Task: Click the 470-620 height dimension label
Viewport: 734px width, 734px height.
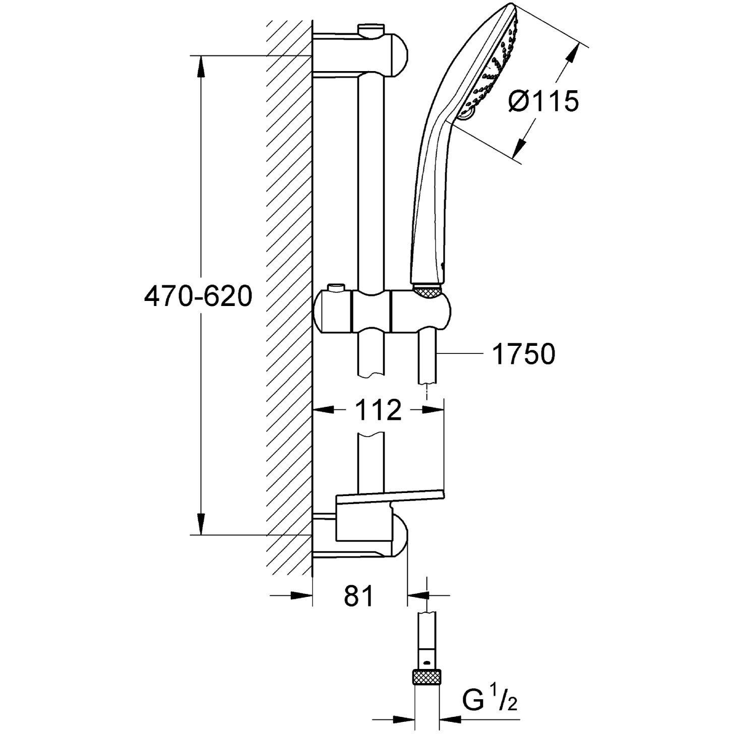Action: pyautogui.click(x=198, y=296)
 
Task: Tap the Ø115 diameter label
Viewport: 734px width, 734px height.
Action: pyautogui.click(x=543, y=102)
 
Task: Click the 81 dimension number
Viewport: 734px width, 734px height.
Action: pyautogui.click(x=359, y=596)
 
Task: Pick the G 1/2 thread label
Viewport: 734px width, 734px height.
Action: pyautogui.click(x=490, y=700)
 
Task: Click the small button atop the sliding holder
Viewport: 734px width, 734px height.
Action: pyautogui.click(x=334, y=289)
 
